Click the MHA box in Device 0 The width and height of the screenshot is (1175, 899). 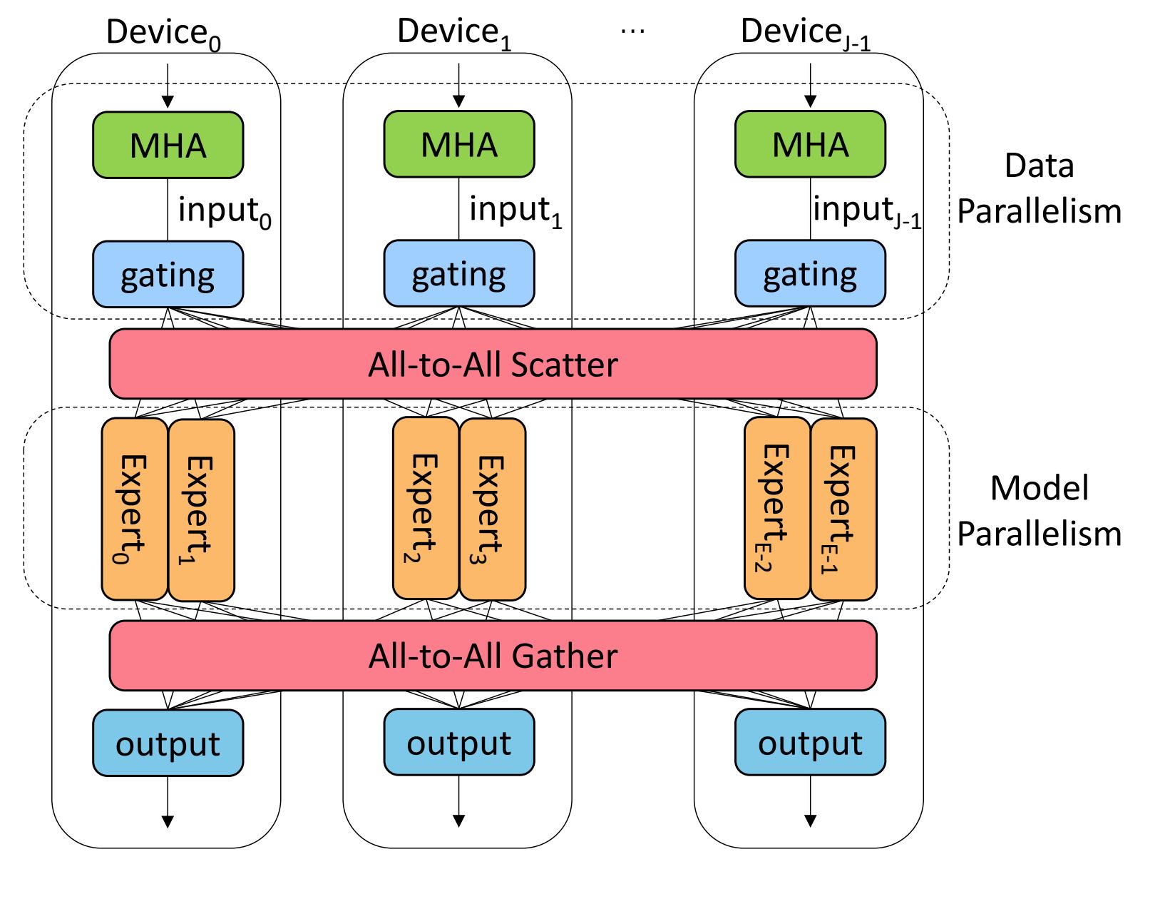pos(168,145)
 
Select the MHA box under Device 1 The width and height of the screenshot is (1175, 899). pos(458,144)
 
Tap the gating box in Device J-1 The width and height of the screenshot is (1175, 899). pos(810,274)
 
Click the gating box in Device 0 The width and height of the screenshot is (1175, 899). pos(168,275)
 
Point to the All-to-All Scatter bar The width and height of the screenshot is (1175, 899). pos(493,364)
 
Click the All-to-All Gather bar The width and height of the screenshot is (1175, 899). pos(493,656)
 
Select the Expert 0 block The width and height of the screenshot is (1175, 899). pos(135,509)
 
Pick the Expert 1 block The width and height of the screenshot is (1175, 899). pos(201,509)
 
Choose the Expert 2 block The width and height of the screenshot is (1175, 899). pos(426,508)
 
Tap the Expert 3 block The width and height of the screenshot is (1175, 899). pos(492,509)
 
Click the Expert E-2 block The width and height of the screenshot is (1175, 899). pos(777,508)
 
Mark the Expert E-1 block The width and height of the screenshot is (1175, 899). pos(843,509)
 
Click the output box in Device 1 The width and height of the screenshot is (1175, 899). pos(458,742)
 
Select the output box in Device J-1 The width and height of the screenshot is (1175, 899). pos(810,742)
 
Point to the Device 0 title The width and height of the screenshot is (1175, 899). pos(163,34)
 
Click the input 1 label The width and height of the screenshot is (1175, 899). pos(515,211)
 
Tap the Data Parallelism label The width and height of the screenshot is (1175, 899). pos(1039,188)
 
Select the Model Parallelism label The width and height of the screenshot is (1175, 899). pos(1039,511)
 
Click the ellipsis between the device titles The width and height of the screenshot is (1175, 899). pos(632,31)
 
